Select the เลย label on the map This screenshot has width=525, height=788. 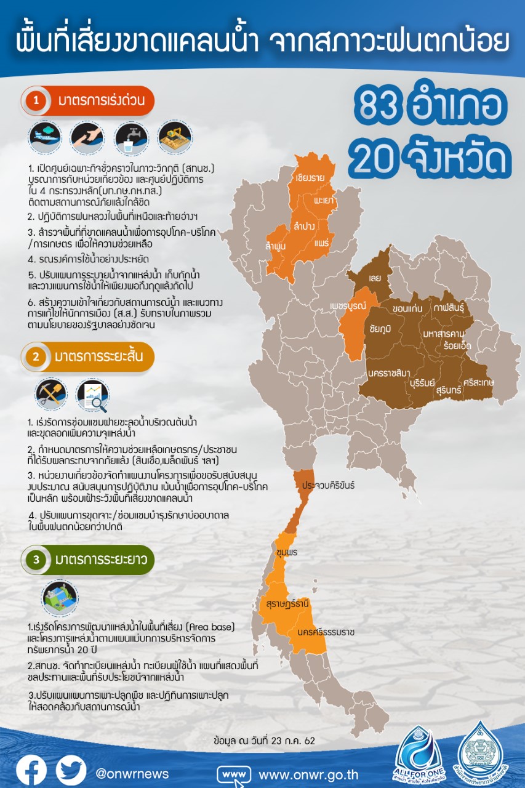click(x=375, y=278)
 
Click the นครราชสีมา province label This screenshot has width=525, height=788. click(x=390, y=372)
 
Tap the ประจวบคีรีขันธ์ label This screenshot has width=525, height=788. click(x=328, y=486)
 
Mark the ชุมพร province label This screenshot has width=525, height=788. click(x=287, y=552)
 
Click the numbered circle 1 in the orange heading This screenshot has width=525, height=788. click(x=36, y=102)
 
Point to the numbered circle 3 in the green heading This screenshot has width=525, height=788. click(x=36, y=560)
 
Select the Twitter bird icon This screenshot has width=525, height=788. click(x=71, y=770)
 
